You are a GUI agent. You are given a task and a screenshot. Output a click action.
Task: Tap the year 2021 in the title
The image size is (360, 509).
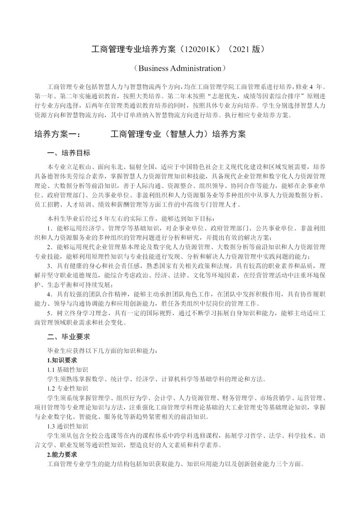[241, 50]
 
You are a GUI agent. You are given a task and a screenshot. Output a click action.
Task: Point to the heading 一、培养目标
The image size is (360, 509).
[69, 153]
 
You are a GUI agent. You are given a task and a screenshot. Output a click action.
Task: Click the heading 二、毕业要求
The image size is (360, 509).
[69, 336]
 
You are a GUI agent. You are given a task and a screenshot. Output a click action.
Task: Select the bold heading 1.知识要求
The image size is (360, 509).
[62, 360]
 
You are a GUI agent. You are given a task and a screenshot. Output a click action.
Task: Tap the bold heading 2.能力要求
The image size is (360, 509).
[62, 455]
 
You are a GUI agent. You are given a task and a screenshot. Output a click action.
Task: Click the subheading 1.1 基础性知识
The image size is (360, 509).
[67, 369]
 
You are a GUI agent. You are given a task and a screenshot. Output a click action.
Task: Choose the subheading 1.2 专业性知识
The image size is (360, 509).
[67, 388]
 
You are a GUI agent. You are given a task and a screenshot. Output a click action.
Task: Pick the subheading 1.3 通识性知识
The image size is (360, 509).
[67, 426]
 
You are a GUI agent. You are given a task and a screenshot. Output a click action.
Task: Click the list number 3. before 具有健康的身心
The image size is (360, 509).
[50, 266]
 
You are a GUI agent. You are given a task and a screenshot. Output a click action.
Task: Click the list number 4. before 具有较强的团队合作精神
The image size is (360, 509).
[50, 294]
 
